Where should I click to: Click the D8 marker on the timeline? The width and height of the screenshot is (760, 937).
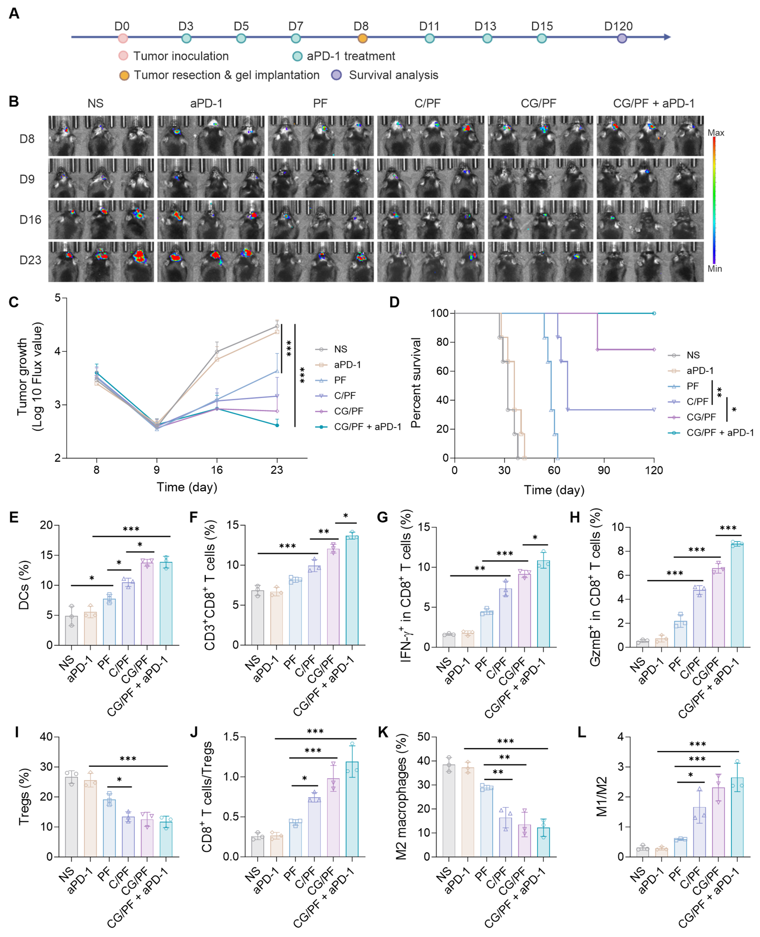[362, 38]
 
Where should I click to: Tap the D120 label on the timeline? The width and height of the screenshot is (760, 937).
[618, 26]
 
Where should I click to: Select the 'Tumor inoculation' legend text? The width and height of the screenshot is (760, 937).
[181, 56]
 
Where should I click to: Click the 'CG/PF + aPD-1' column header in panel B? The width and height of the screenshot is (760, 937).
[653, 103]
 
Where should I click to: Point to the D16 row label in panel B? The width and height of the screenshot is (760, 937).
[30, 220]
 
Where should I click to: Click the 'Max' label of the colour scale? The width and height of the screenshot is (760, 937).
[716, 133]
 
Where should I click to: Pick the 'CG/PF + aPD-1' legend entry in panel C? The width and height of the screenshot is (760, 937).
[367, 427]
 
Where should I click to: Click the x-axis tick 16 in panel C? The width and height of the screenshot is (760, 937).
[217, 470]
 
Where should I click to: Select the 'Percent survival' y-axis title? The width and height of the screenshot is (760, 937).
[415, 383]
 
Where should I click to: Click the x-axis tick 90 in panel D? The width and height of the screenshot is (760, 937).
[604, 470]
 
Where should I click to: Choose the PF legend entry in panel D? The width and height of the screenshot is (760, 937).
[692, 386]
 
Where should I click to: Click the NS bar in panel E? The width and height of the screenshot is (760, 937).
[71, 630]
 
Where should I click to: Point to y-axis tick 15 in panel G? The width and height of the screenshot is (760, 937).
[424, 527]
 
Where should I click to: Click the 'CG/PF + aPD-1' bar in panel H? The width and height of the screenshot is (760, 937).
[737, 595]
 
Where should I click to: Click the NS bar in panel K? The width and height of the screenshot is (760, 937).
[449, 811]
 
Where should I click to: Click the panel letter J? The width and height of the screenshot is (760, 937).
[194, 732]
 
